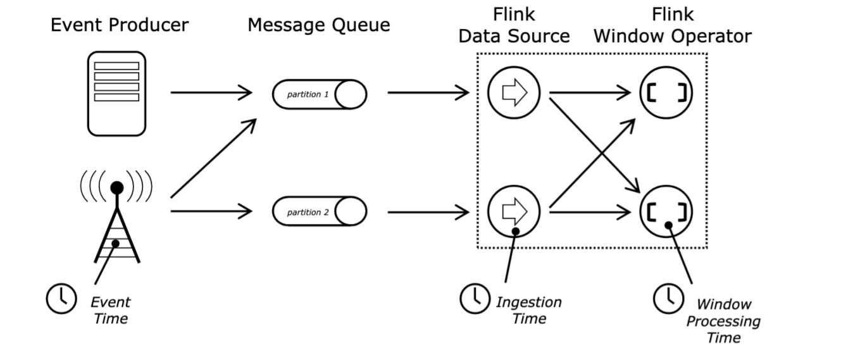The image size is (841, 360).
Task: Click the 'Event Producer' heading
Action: click(120, 25)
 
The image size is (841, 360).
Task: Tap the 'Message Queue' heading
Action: click(319, 25)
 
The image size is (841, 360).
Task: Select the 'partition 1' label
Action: click(308, 94)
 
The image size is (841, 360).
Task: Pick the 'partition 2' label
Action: click(308, 213)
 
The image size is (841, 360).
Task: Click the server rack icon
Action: click(117, 94)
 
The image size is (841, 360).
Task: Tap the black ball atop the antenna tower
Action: click(117, 188)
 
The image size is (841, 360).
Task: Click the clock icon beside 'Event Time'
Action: click(61, 299)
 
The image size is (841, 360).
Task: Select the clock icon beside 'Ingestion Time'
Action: click(475, 299)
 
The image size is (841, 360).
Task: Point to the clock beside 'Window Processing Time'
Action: click(668, 299)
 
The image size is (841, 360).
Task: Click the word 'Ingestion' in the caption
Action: click(528, 302)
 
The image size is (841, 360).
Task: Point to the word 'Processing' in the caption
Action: click(723, 321)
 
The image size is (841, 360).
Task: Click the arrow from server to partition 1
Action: click(211, 92)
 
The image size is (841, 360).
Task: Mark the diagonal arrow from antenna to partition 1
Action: click(213, 158)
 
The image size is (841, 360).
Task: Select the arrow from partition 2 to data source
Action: click(428, 212)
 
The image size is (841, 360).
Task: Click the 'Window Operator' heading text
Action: click(673, 37)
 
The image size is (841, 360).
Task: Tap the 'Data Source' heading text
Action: click(514, 37)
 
